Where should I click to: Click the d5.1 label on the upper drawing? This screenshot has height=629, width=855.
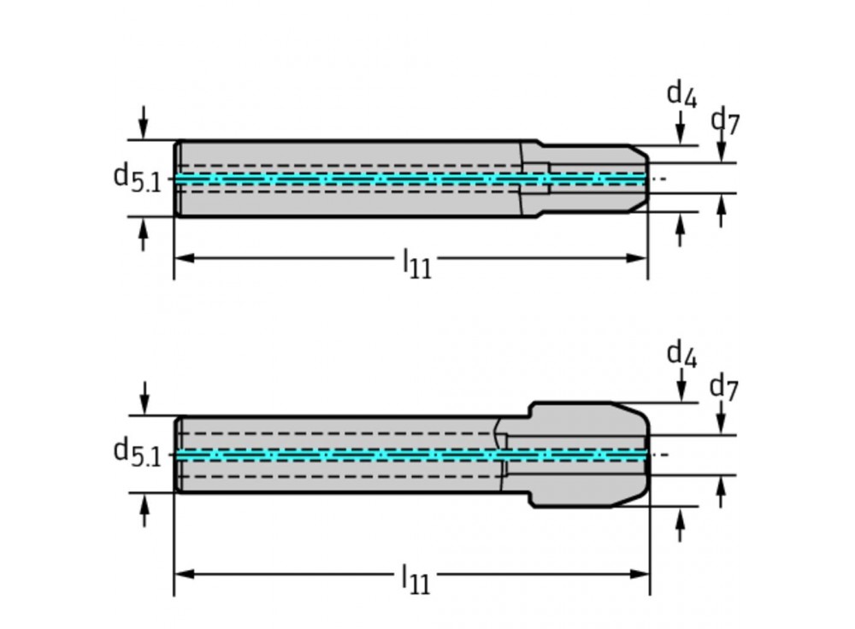pos(137,178)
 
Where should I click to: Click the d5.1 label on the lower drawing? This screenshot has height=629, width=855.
pos(137,452)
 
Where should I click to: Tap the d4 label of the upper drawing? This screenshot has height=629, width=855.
pos(681,94)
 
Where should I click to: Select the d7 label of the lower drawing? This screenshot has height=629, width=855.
pos(724,388)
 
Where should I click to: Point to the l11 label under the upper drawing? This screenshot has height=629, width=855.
pos(417,264)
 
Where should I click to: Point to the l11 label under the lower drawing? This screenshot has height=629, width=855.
pos(416,579)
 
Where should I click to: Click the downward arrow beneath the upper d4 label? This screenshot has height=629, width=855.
pos(680,131)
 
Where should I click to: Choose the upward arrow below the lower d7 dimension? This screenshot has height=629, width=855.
pos(721,492)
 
